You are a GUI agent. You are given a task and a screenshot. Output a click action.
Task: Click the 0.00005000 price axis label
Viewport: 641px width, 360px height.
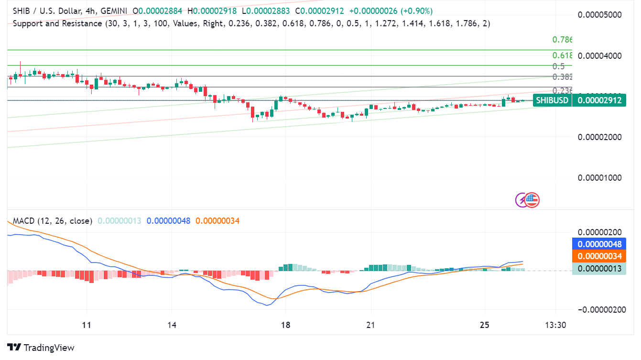click(x=601, y=14)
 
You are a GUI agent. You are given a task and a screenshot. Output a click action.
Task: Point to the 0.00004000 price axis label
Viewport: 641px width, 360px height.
click(x=601, y=55)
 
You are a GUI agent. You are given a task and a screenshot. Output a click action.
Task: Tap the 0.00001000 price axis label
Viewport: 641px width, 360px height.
click(x=601, y=177)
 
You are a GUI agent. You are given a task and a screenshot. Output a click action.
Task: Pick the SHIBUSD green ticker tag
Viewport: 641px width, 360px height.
click(x=552, y=100)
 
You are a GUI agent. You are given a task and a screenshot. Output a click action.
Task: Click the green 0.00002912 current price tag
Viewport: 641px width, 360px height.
click(x=599, y=100)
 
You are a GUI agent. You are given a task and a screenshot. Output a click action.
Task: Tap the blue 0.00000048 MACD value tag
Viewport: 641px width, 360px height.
click(x=599, y=243)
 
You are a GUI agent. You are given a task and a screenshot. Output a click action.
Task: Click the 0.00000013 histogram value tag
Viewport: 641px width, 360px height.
click(x=599, y=269)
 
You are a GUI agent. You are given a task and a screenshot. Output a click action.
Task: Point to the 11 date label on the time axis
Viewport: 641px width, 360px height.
click(x=87, y=325)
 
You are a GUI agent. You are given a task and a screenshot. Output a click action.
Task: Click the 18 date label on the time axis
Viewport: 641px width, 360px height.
click(x=286, y=325)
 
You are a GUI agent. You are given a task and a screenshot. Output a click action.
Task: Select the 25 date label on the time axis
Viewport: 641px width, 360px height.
click(x=485, y=325)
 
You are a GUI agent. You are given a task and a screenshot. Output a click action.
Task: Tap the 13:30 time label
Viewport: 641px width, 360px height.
click(x=555, y=325)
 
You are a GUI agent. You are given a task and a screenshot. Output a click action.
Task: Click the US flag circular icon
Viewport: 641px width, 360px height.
click(x=532, y=200)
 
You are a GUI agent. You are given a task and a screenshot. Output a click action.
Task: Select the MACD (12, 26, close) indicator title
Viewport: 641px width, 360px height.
click(x=53, y=221)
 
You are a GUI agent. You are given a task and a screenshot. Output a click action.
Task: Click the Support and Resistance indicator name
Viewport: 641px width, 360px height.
click(x=57, y=23)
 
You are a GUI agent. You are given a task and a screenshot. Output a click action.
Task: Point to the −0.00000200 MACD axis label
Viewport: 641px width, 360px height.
click(x=601, y=309)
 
